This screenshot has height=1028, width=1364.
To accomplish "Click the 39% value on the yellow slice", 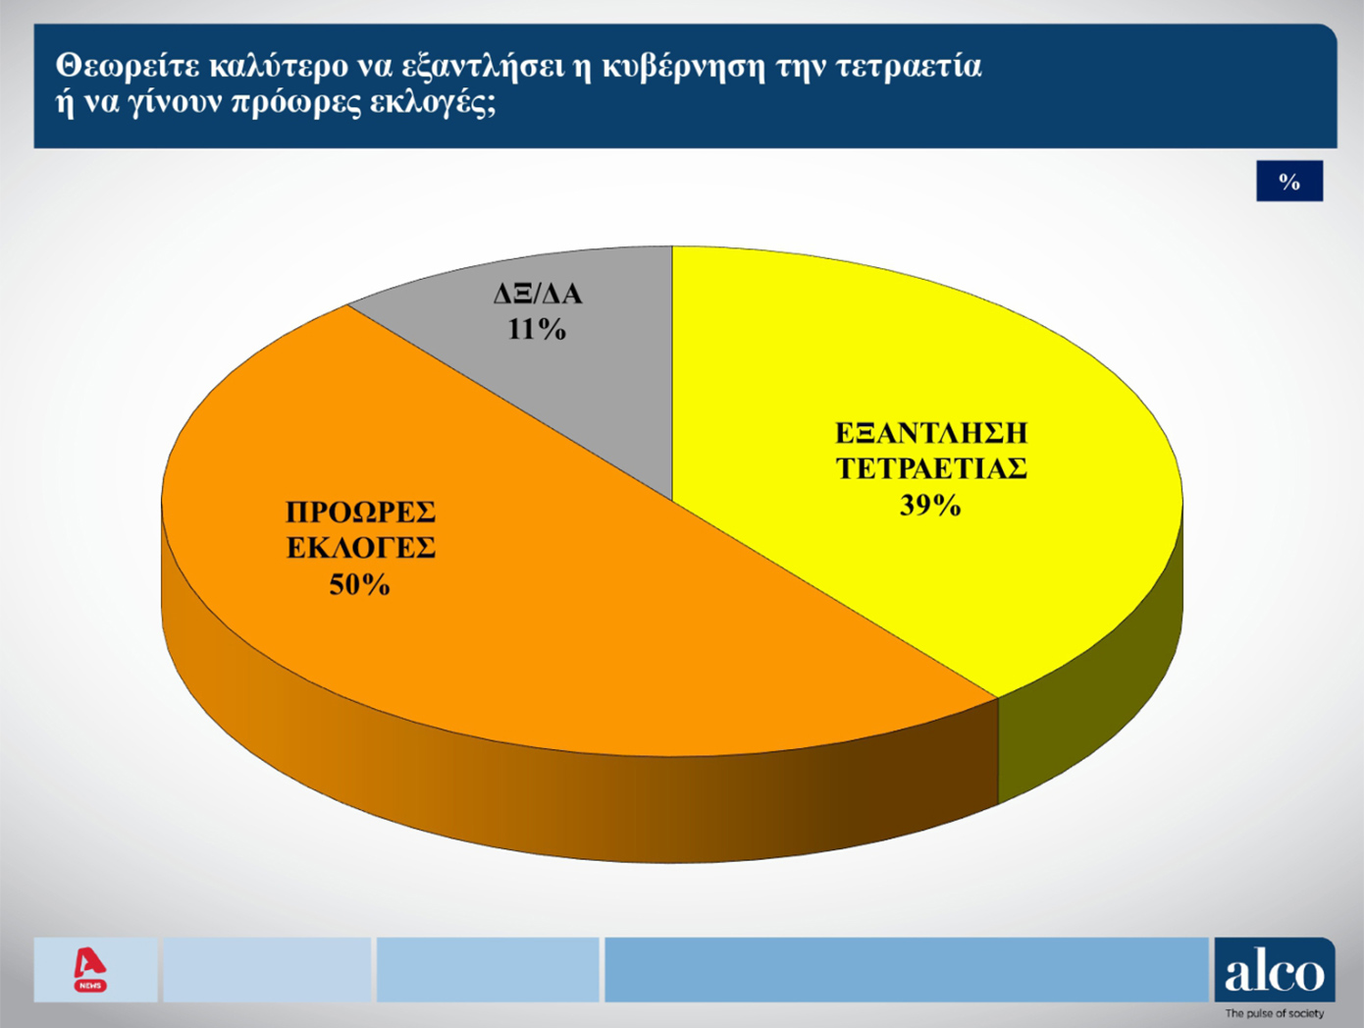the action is (930, 506).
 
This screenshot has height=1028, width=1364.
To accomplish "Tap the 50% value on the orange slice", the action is (360, 585).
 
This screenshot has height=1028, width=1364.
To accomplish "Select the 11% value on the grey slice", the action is (537, 329).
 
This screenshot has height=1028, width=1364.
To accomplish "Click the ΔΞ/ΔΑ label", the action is (538, 294).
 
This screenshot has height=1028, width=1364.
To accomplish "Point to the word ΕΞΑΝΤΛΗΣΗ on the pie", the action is (931, 433).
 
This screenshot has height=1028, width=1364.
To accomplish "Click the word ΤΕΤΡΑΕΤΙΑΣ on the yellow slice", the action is (931, 469).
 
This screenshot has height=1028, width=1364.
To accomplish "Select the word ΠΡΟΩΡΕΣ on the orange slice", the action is (361, 513).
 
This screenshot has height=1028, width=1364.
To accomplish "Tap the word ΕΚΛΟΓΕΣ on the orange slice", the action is (361, 548).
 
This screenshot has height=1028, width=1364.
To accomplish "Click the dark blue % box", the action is (1289, 181).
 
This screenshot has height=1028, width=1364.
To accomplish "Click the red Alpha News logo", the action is (90, 970).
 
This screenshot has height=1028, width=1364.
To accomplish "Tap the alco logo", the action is (1275, 969).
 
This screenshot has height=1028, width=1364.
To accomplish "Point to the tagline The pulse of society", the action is (1275, 1013).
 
